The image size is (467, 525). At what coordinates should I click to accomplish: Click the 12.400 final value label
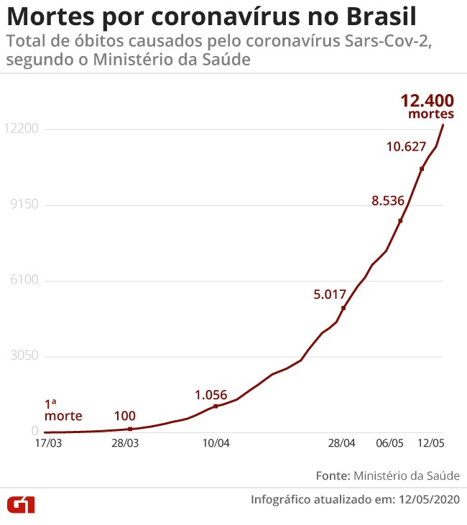[x=427, y=101]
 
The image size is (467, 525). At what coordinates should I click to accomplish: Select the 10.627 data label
[x=407, y=147]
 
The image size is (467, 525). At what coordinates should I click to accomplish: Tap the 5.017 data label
[x=330, y=294]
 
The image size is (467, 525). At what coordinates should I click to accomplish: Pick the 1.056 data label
[x=211, y=394]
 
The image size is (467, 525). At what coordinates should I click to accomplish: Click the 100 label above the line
[x=125, y=416]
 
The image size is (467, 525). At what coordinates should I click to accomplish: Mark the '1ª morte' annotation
[x=63, y=410]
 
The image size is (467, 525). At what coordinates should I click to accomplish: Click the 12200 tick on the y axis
[x=20, y=129]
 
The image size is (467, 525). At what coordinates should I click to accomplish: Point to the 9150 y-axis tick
[x=23, y=205]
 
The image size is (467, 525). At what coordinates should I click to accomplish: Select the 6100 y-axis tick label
[x=23, y=281]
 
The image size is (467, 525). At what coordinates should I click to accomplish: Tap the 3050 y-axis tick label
[x=23, y=356]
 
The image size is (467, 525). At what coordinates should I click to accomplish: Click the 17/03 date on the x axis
[x=49, y=444]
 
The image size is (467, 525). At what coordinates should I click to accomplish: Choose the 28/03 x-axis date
[x=125, y=444]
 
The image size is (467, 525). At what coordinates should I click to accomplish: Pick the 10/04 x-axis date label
[x=216, y=444]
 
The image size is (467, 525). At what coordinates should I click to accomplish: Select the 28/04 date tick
[x=342, y=444]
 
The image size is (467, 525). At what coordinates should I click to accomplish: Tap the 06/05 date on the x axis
[x=389, y=444]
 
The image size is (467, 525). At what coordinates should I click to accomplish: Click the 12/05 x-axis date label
[x=433, y=444]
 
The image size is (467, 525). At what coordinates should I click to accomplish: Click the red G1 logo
[x=21, y=504]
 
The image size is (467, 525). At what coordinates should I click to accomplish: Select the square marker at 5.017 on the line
[x=343, y=308]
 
